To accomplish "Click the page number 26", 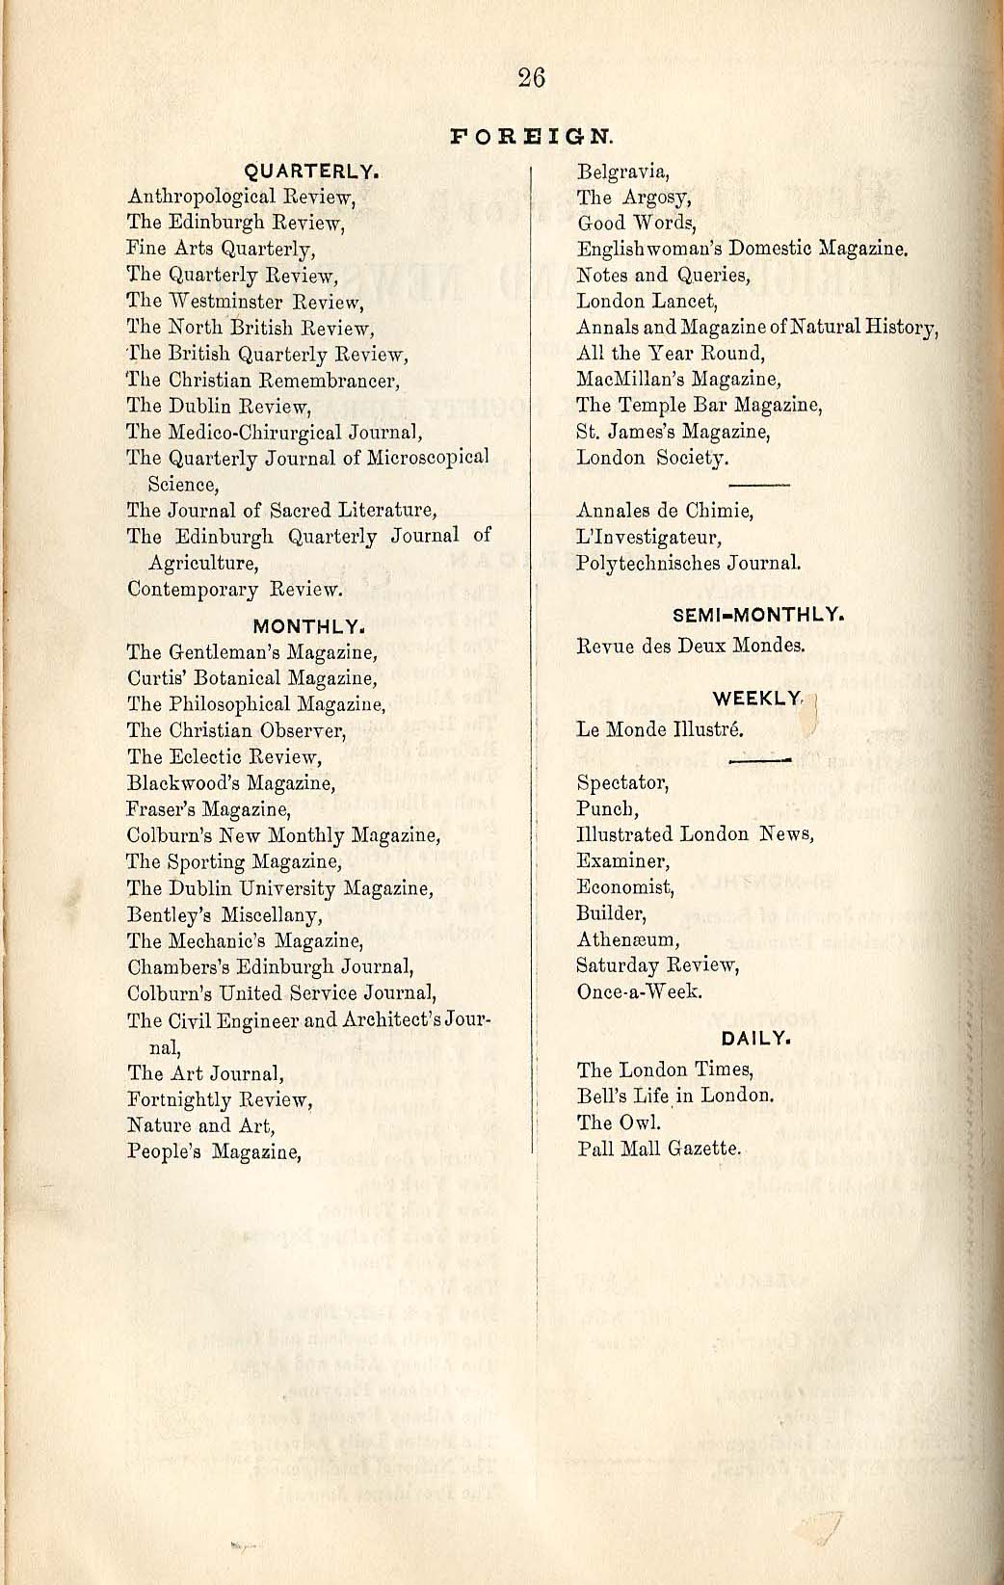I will [531, 77].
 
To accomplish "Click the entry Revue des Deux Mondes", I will [690, 646].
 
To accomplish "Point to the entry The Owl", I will [620, 1123].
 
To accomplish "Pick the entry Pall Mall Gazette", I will [659, 1149].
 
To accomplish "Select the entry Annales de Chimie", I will [665, 511].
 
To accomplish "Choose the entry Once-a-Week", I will [639, 991].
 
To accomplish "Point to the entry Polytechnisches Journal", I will [688, 563].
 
